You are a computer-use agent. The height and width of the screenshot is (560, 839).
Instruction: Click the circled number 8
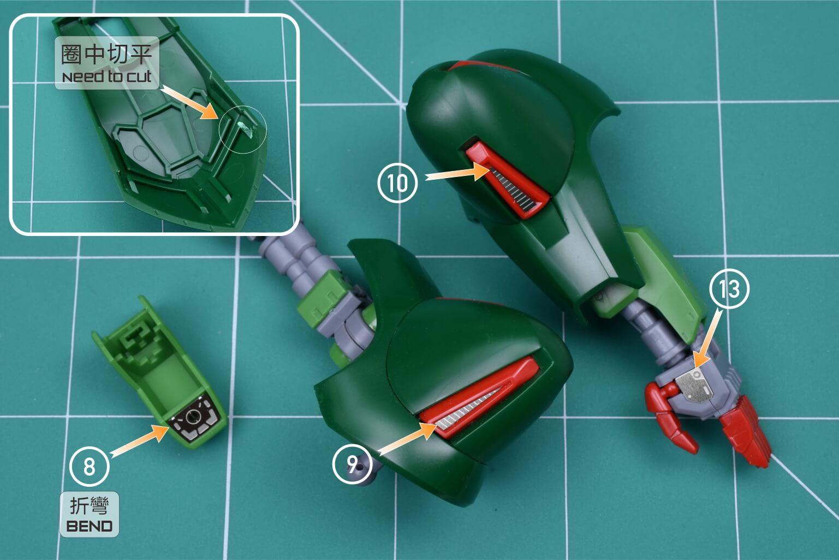click(89, 467)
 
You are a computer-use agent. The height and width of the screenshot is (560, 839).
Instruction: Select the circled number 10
click(397, 183)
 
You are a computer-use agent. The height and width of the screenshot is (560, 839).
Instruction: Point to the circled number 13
click(729, 288)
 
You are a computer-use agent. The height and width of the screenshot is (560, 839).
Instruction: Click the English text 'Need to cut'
click(107, 76)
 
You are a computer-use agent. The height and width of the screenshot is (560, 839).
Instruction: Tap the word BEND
click(90, 526)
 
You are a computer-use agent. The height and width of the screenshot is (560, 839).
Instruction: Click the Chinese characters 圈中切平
click(106, 55)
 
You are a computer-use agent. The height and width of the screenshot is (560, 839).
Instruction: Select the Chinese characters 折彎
click(90, 506)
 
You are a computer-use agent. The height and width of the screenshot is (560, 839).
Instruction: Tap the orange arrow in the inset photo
click(189, 102)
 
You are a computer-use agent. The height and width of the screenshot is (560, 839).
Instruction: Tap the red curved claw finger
click(670, 417)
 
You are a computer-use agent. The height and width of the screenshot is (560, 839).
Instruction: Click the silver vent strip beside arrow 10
click(514, 191)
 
